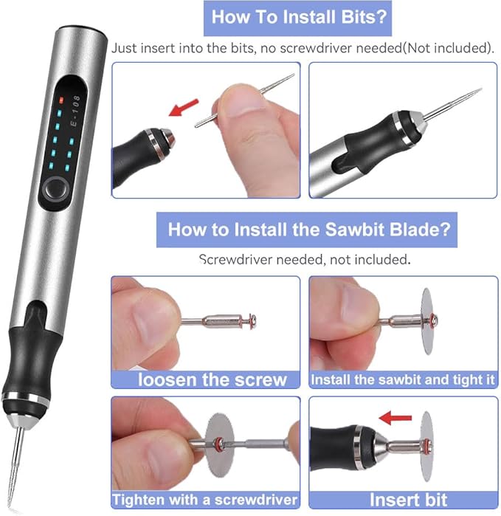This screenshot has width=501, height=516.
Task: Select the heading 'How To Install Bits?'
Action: click(300, 17)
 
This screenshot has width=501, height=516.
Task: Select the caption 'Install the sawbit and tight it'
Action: click(403, 380)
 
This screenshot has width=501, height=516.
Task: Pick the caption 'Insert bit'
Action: click(403, 499)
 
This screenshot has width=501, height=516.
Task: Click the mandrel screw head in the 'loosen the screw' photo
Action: click(252, 321)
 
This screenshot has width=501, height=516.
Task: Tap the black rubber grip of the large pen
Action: click(25, 354)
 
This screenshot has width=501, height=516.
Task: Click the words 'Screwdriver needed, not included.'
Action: click(304, 260)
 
